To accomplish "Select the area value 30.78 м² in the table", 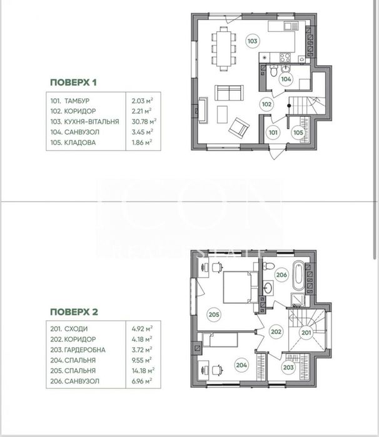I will pyautogui.click(x=143, y=121).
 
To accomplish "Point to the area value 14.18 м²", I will pyautogui.click(x=143, y=370).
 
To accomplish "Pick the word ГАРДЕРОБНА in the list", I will pyautogui.click(x=88, y=349).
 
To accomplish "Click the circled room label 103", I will pyautogui.click(x=252, y=42).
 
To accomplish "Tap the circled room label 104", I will pyautogui.click(x=286, y=79).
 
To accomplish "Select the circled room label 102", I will pyautogui.click(x=267, y=104).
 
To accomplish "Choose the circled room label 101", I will pyautogui.click(x=273, y=132).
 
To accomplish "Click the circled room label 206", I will pyautogui.click(x=281, y=275).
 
